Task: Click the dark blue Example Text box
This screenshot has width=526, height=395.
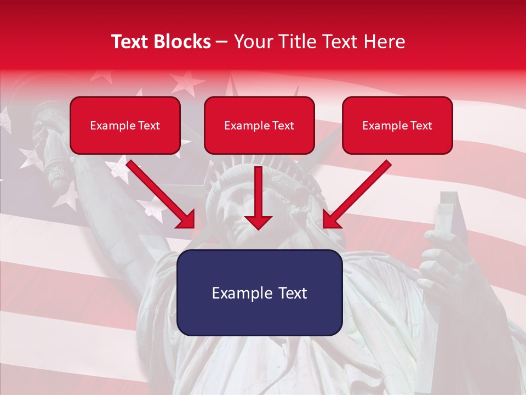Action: [259, 292]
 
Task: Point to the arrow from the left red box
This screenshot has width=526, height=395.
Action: [162, 195]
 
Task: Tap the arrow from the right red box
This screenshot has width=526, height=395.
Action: [356, 195]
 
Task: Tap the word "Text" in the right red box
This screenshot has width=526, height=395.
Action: [421, 125]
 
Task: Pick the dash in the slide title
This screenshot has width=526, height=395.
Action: [222, 42]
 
